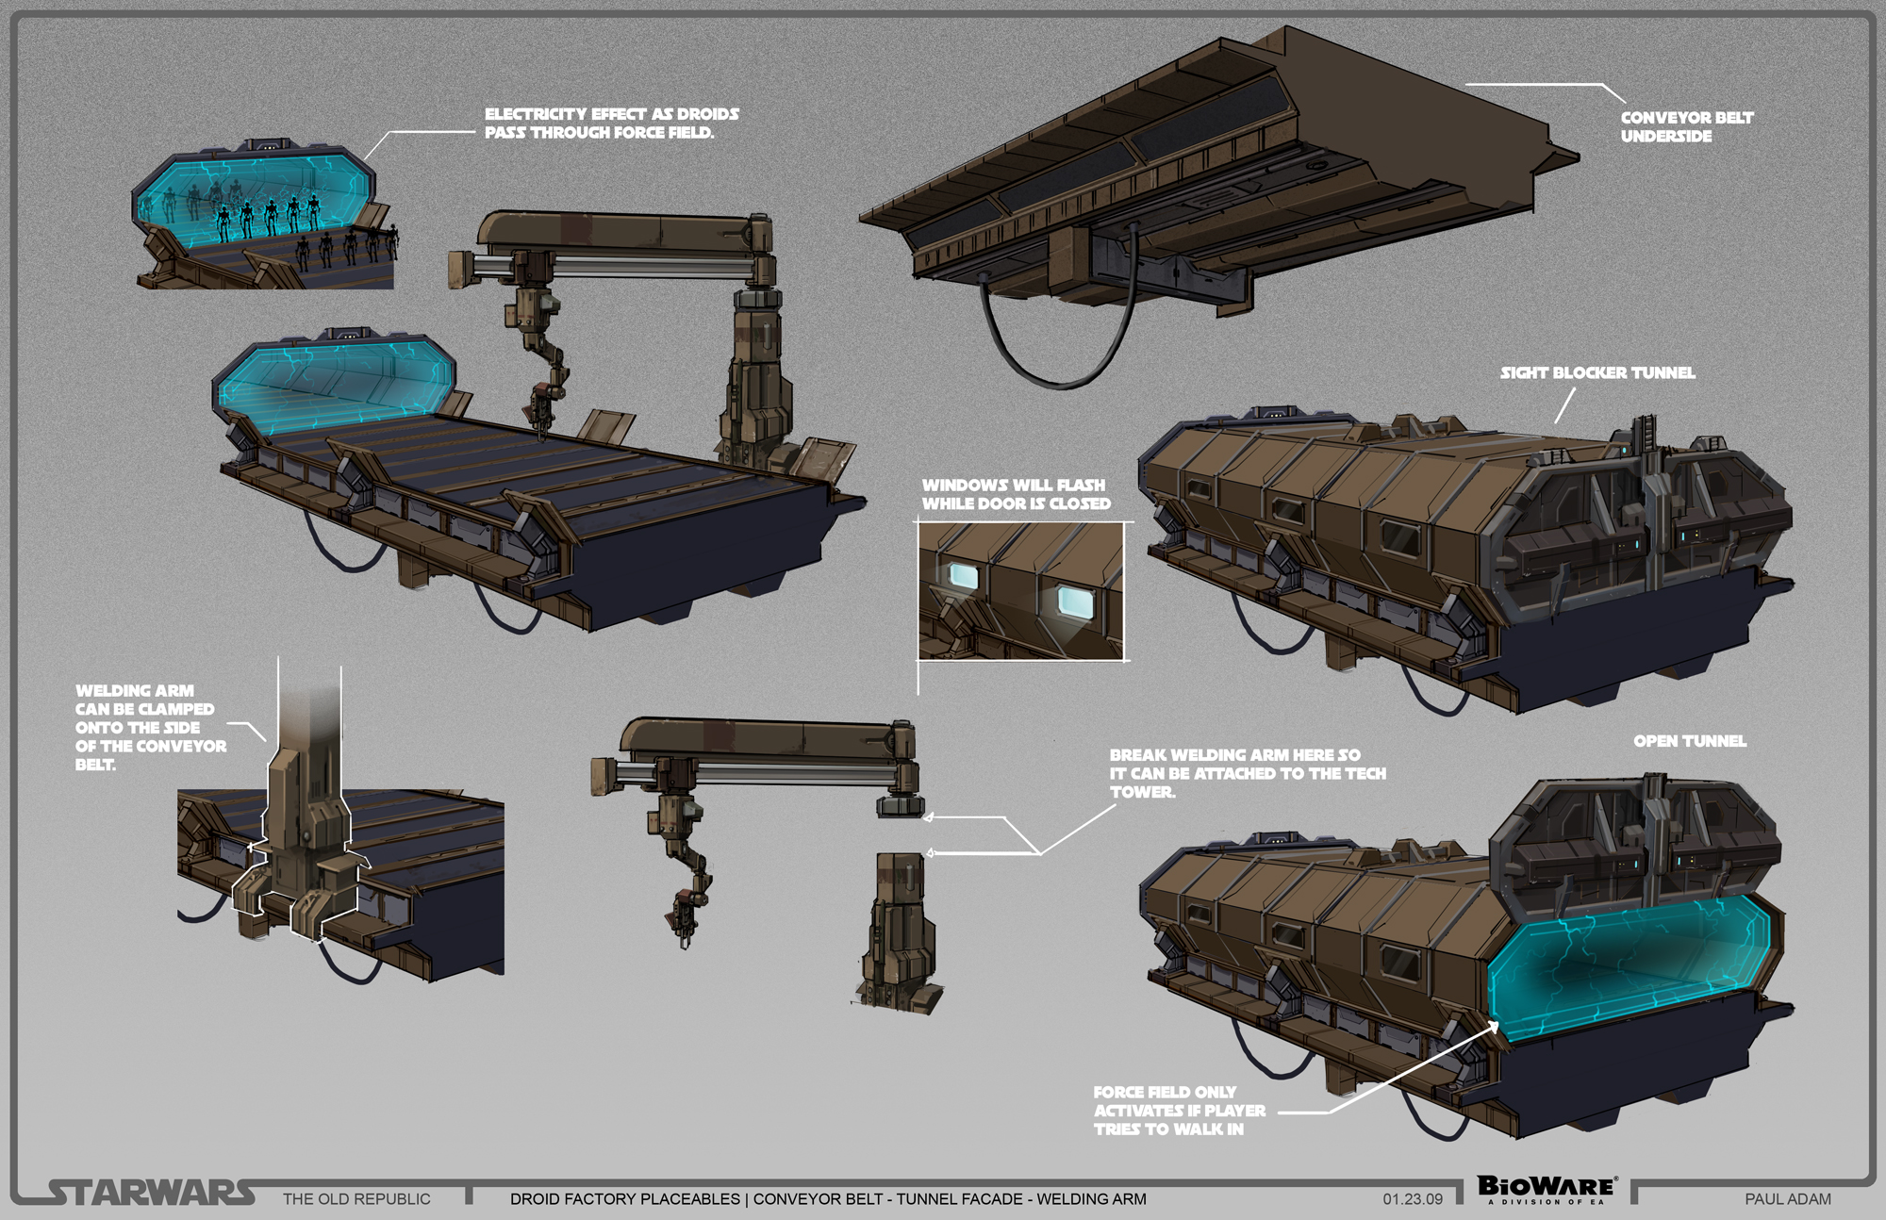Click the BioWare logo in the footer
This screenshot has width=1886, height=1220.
pos(1547,1188)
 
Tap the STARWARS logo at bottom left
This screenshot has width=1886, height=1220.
pos(151,1193)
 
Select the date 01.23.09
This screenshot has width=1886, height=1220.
pos(1413,1199)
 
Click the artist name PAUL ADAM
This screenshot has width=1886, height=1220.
pos(1787,1199)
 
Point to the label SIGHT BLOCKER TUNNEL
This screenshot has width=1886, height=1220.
pos(1597,372)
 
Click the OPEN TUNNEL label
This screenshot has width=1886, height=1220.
pos(1690,741)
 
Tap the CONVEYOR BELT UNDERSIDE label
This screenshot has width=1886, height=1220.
pos(1686,126)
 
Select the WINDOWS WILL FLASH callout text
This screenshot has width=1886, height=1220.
pos(1016,494)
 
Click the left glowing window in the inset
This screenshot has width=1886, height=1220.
pos(962,576)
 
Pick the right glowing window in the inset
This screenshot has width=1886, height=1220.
pos(1074,601)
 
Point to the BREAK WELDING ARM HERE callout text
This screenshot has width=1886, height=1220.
pos(1247,773)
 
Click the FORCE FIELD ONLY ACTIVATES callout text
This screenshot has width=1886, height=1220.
pos(1179,1111)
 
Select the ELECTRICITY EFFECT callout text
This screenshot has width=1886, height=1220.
pos(611,123)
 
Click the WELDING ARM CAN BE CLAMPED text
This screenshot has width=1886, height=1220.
pos(149,727)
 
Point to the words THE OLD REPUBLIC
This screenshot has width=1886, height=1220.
pos(356,1199)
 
